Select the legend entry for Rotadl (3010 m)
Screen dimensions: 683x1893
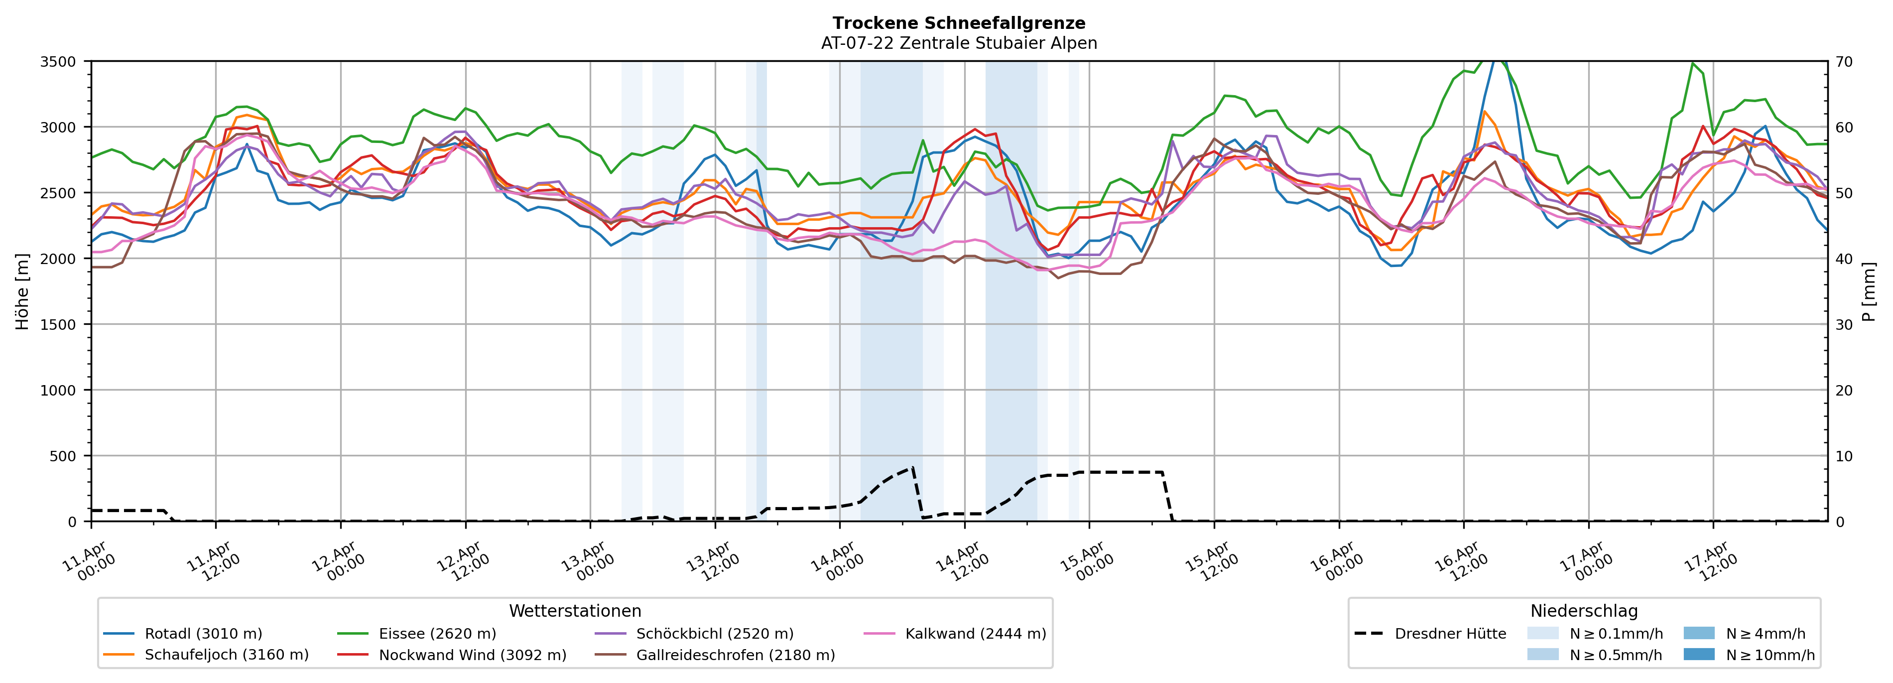tap(203, 634)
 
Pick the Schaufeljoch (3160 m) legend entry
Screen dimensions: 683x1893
tap(226, 655)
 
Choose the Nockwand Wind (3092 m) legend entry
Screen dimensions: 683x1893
tap(472, 655)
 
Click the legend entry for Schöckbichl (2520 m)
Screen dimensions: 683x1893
tap(714, 634)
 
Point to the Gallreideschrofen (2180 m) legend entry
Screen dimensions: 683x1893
tap(735, 655)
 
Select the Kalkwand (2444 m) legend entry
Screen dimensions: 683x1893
tap(975, 634)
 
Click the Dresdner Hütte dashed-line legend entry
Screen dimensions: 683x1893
tap(1450, 634)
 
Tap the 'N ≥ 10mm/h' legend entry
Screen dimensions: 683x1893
tap(1769, 655)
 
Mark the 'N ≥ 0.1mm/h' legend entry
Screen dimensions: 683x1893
tap(1615, 634)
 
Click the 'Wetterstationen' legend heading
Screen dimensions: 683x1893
tap(575, 611)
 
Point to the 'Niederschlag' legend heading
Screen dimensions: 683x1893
tap(1584, 611)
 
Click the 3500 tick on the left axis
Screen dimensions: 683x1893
tap(58, 62)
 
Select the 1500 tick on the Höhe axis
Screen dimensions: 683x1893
tap(58, 325)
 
